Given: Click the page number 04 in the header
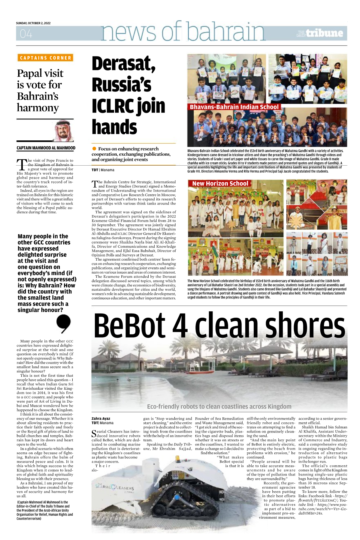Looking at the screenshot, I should (x=26, y=34).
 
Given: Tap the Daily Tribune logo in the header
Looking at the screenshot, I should (x=320, y=33).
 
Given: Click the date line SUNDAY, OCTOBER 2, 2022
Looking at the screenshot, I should (x=33, y=23).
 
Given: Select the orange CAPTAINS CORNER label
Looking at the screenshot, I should (x=45, y=58).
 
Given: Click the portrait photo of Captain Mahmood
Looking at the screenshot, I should (x=64, y=131).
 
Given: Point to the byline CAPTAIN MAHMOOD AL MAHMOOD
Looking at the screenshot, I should (x=46, y=148).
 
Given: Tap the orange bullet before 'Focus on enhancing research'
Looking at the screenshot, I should (x=94, y=148).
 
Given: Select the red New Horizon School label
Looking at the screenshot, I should (x=220, y=184).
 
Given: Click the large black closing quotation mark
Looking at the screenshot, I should (x=63, y=323).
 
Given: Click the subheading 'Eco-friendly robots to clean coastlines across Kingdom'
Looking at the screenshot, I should (x=219, y=406).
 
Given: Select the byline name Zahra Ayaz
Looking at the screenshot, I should (x=101, y=418).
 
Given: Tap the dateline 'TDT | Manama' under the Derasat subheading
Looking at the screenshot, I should (x=103, y=170).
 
